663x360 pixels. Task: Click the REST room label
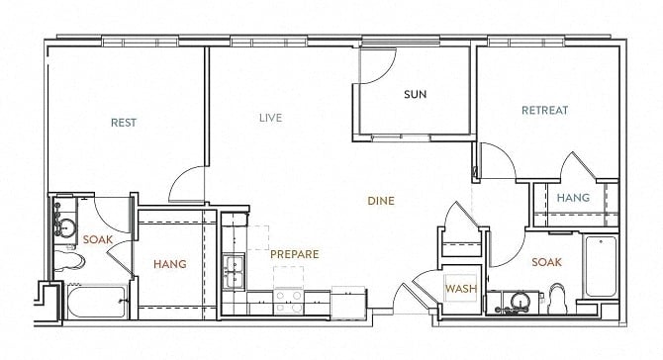pos(124,123)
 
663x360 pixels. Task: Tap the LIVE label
pos(270,118)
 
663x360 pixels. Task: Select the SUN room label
pos(415,94)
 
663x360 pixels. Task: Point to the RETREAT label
pos(544,111)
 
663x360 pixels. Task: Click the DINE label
pos(381,201)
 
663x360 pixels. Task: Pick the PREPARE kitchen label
pos(294,254)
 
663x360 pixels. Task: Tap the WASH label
pos(461,289)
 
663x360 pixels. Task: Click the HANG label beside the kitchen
pos(170,264)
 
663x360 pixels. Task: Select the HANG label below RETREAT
pos(573,198)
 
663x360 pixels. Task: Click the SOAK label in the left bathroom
pos(98,239)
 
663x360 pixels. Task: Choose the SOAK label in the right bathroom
pos(546,262)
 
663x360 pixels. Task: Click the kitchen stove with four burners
pos(289,302)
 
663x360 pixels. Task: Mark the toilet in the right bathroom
pos(557,299)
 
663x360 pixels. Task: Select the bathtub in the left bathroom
pos(97,302)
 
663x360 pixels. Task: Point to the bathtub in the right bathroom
pos(601,266)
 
